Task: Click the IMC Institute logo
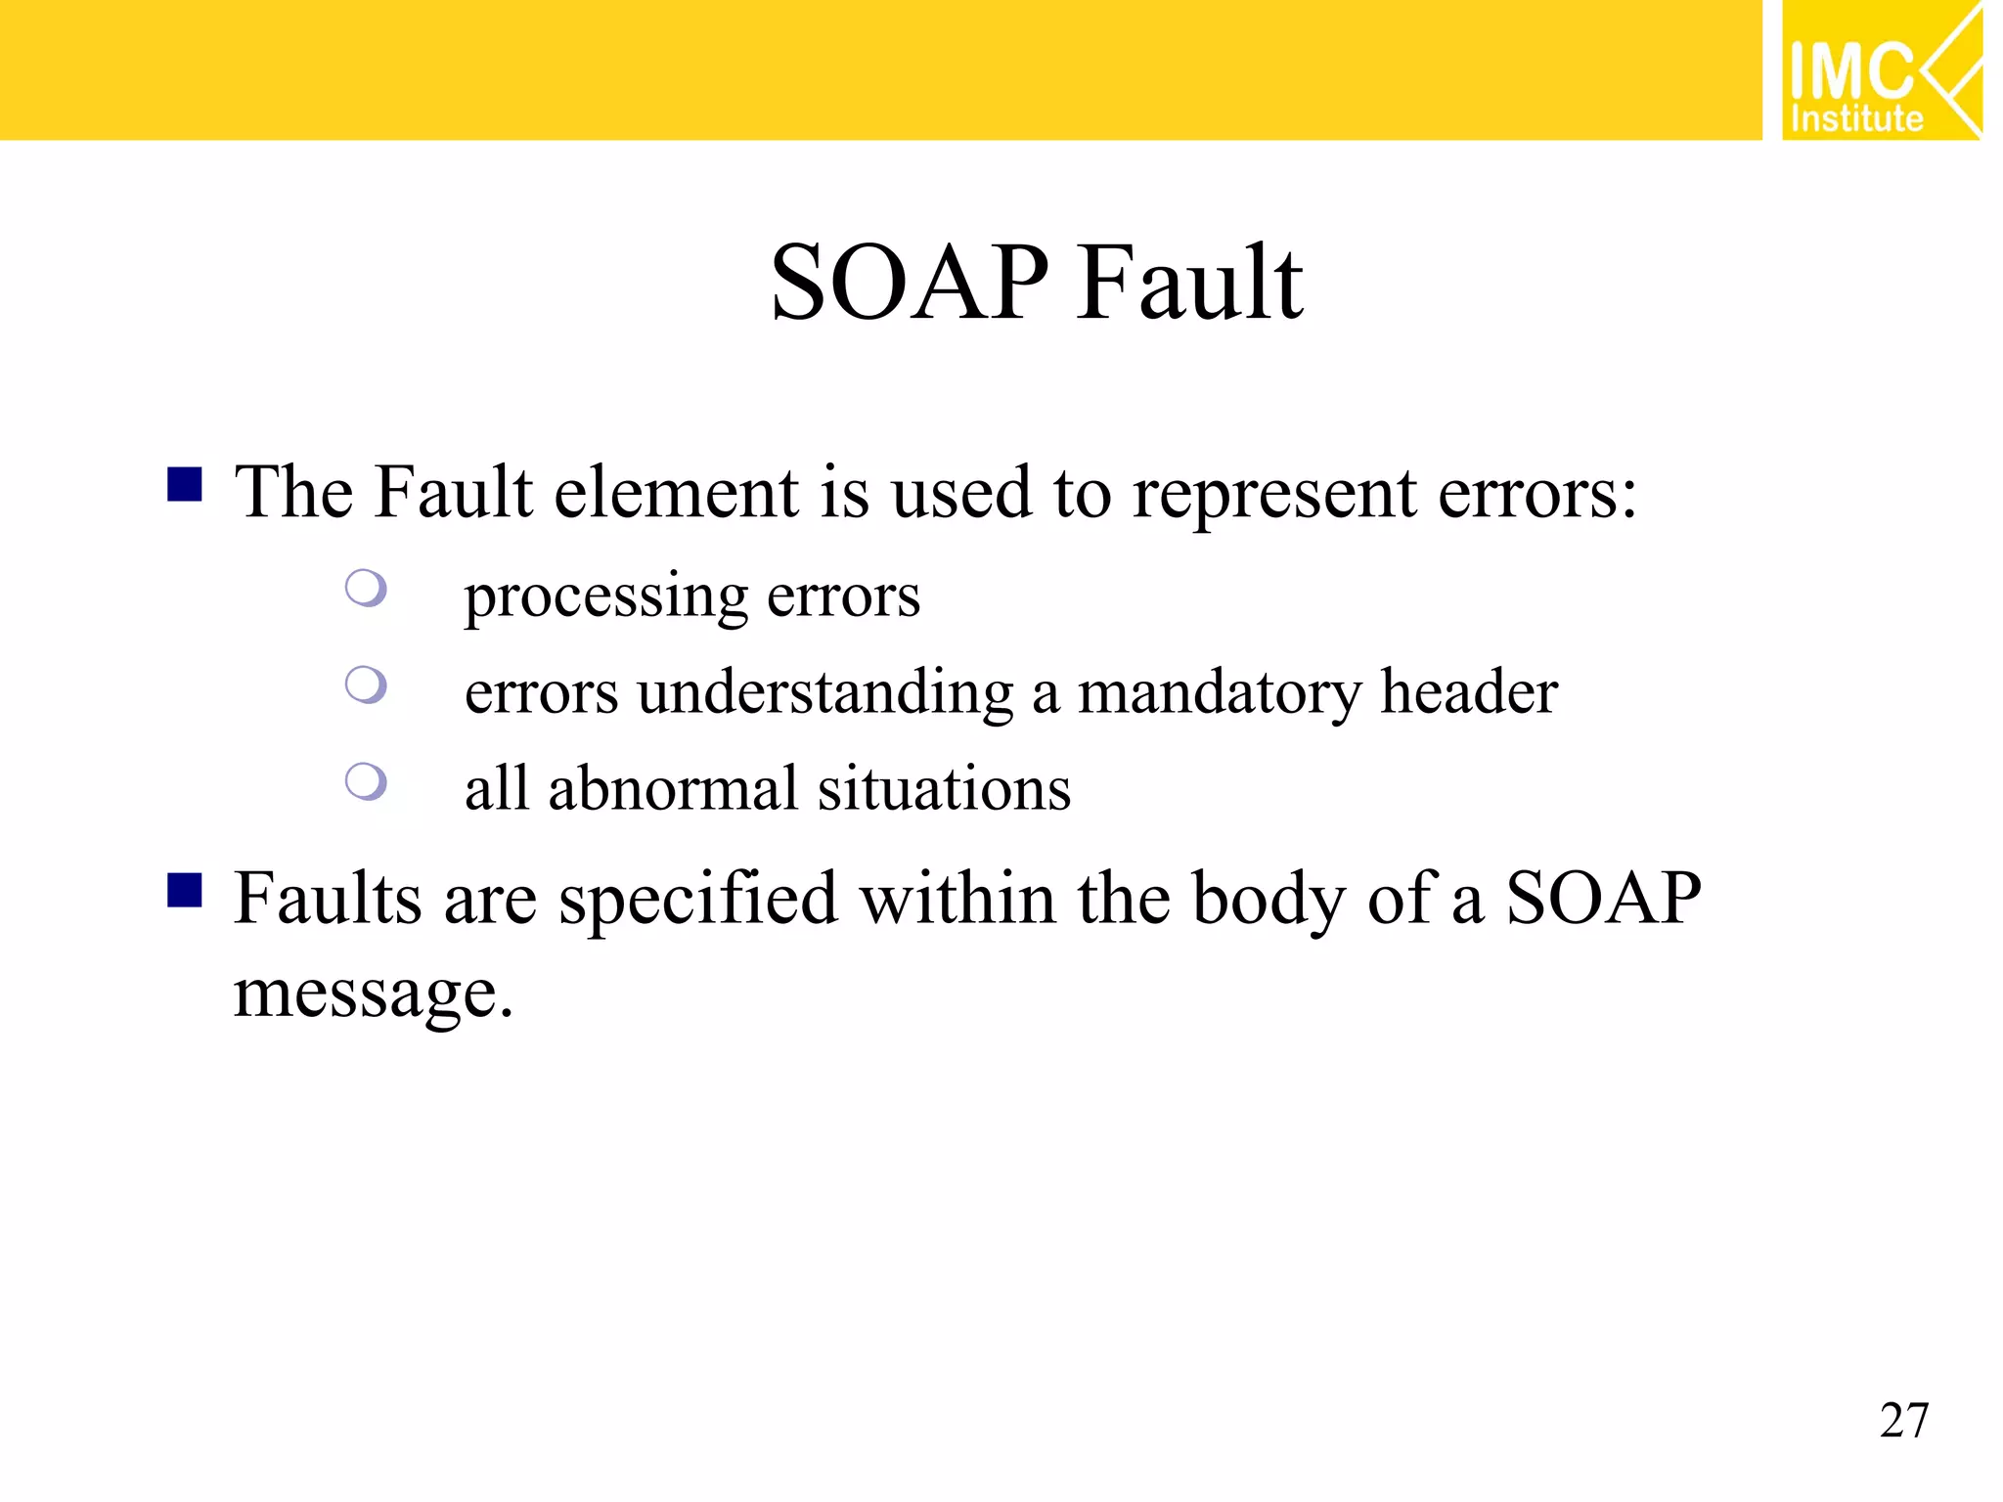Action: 1881,70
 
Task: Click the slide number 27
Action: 1903,1421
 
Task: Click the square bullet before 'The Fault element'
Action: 185,484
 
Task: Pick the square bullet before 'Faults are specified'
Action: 185,891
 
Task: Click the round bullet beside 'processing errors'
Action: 367,588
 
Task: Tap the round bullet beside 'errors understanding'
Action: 367,685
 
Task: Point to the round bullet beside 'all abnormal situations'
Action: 367,781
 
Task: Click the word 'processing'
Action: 605,597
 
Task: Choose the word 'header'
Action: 1468,692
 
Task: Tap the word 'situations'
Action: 944,788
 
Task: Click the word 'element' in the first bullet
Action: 677,492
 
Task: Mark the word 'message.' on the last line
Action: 373,995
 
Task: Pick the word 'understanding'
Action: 825,694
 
